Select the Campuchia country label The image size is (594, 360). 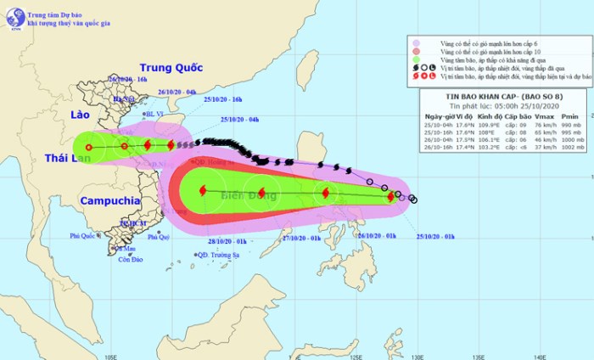click(x=110, y=201)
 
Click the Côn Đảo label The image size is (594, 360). click(x=131, y=259)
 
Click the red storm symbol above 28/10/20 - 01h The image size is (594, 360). click(x=202, y=191)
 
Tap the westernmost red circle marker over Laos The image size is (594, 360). click(x=88, y=147)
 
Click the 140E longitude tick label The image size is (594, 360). click(x=540, y=355)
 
